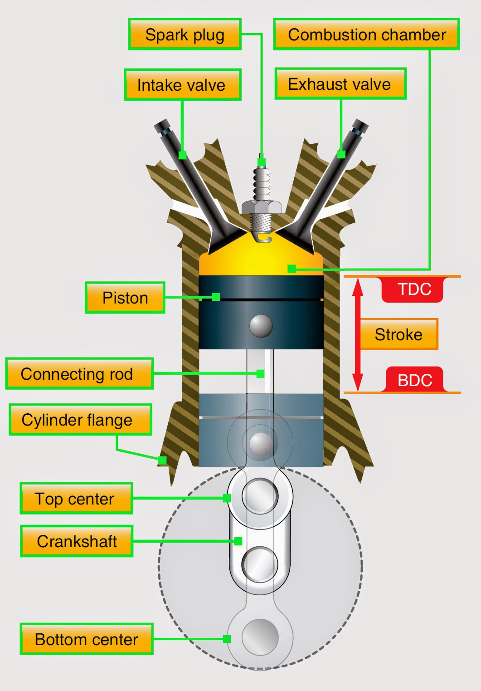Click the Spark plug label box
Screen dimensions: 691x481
click(185, 34)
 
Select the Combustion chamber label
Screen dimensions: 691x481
click(366, 34)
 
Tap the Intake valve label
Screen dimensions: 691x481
click(182, 85)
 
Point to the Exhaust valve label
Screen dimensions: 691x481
click(340, 84)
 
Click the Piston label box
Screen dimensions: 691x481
click(125, 298)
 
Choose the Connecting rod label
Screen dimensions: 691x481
click(79, 374)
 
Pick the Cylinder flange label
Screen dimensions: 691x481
click(80, 420)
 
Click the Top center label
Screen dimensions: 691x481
click(76, 499)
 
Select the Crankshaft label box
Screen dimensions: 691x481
click(77, 541)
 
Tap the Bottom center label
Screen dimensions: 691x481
click(86, 639)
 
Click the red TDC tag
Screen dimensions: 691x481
click(413, 289)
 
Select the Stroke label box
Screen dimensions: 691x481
click(398, 334)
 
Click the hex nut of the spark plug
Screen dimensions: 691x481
click(262, 207)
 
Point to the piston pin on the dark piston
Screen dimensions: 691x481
click(261, 325)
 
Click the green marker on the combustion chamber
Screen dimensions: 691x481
click(292, 269)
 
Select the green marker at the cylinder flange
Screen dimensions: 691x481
click(162, 460)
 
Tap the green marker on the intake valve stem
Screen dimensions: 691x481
click(182, 155)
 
